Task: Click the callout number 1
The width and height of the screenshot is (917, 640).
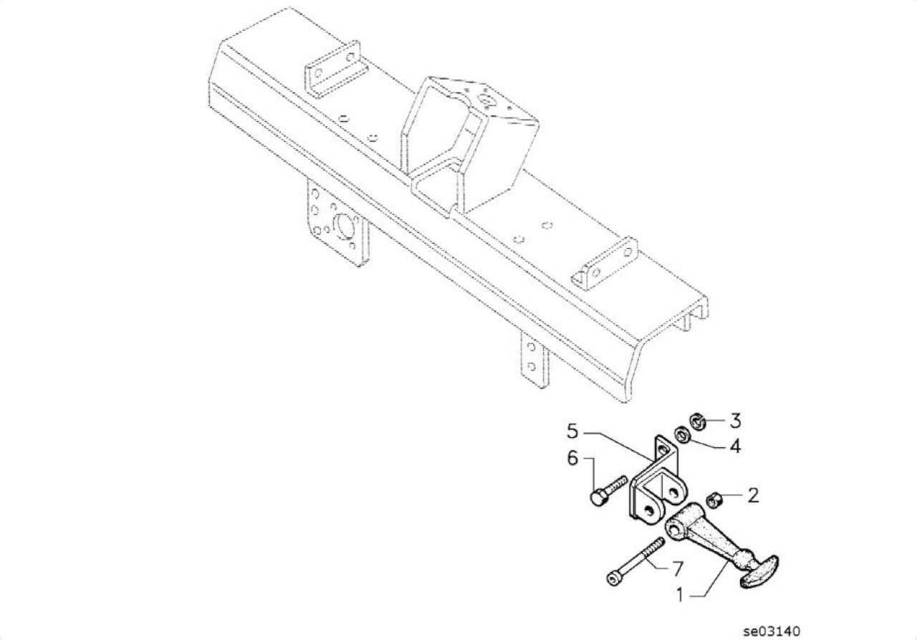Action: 680,595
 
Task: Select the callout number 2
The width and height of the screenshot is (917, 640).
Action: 753,495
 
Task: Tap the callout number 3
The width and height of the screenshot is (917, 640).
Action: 736,421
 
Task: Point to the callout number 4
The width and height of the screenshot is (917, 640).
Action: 736,446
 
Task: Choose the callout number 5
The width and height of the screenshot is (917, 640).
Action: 572,431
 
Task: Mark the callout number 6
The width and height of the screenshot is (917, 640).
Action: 572,458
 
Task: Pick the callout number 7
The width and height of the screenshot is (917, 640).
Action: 678,568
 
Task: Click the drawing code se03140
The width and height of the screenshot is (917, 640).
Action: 772,631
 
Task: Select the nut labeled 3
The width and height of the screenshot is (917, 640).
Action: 698,422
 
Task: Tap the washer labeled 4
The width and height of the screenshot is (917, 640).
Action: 683,434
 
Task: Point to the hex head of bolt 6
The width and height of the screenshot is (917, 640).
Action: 599,497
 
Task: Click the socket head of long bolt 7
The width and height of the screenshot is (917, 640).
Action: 613,579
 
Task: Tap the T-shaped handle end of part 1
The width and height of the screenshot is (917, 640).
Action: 760,572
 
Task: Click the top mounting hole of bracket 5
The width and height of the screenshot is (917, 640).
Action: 663,449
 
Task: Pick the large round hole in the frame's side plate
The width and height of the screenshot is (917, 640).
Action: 344,226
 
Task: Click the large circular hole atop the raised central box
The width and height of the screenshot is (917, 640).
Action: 486,100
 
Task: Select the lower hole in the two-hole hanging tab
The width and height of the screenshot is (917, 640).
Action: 532,366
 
